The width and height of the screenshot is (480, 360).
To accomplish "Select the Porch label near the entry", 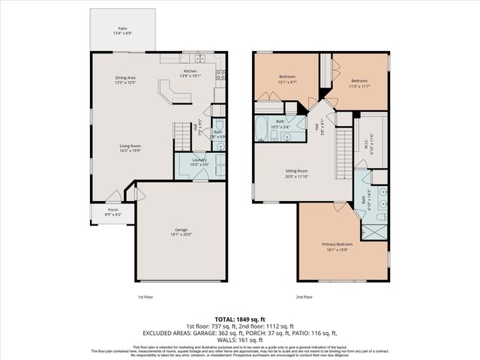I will [x=112, y=210].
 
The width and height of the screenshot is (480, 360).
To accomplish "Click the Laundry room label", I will [x=199, y=160].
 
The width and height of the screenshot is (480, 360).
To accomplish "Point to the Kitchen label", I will [x=190, y=72].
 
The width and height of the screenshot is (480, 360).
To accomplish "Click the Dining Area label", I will [x=125, y=78].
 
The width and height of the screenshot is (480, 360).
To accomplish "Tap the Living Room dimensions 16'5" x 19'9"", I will [x=130, y=151].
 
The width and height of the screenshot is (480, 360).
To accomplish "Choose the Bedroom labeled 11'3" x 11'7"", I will [x=360, y=82].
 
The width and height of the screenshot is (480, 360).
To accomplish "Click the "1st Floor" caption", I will [x=145, y=298].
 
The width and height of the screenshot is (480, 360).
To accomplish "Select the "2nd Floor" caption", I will [x=304, y=298].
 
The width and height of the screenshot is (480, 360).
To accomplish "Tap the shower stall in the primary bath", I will [x=379, y=217].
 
